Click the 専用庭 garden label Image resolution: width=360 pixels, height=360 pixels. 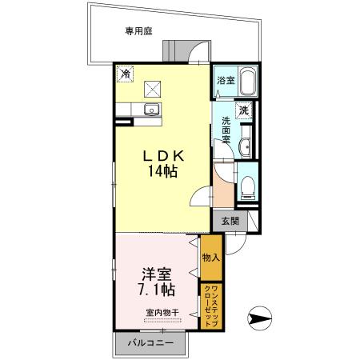138,31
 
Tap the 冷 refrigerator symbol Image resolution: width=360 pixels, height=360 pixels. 125,74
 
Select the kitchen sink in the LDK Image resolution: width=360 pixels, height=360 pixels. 149,110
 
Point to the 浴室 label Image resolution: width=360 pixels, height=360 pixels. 226,81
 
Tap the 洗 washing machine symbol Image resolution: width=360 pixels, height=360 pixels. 245,110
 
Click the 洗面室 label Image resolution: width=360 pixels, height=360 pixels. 226,130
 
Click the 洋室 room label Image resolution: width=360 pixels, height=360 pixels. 157,271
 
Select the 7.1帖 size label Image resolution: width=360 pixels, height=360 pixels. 157,288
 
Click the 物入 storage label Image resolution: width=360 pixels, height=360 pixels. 210,258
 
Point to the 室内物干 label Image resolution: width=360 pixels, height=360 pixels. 162,312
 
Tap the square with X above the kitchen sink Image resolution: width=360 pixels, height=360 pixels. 150,88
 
